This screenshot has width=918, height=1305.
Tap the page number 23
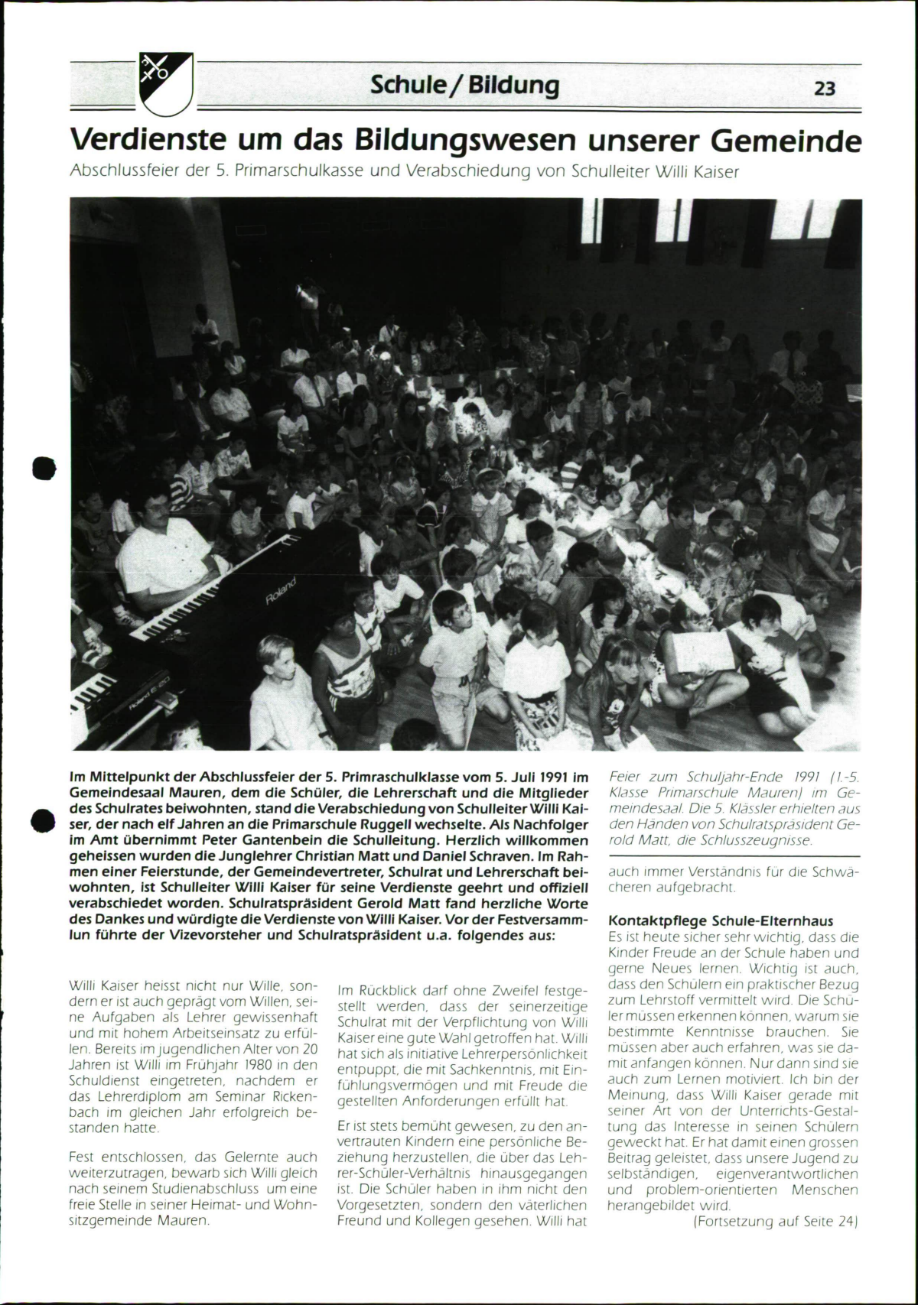[x=824, y=89]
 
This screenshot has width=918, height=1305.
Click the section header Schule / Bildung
[x=464, y=86]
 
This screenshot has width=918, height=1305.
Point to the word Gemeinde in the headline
[x=785, y=140]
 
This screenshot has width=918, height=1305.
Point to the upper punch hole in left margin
[x=44, y=466]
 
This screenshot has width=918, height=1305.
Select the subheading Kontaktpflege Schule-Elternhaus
[x=720, y=920]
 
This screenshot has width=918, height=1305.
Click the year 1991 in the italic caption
[x=789, y=777]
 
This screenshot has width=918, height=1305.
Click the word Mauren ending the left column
[x=183, y=1220]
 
